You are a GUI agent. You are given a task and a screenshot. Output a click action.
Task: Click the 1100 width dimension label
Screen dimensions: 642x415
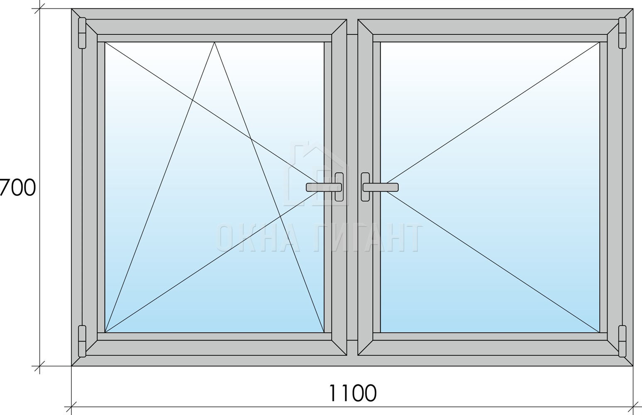point(352,393)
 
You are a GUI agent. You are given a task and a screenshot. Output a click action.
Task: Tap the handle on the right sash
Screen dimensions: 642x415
point(379,187)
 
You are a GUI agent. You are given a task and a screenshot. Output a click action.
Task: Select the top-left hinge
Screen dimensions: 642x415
point(82,33)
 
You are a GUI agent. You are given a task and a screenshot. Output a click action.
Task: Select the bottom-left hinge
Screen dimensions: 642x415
point(82,341)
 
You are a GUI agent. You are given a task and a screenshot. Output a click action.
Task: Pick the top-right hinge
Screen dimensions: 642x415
point(622,33)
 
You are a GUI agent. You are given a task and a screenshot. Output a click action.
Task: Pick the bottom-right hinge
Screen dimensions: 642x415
point(622,341)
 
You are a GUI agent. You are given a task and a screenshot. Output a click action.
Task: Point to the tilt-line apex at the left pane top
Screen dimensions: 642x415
point(215,42)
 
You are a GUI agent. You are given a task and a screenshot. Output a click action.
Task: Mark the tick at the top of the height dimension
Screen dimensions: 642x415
point(39,9)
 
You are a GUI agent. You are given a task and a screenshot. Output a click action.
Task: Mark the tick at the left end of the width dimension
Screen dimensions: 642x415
point(71,406)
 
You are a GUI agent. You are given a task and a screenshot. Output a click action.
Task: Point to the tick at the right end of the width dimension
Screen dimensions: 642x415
point(633,406)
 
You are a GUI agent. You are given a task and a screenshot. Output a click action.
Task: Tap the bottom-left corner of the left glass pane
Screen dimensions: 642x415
point(105,332)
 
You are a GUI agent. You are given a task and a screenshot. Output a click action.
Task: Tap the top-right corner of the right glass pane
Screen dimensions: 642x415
point(600,42)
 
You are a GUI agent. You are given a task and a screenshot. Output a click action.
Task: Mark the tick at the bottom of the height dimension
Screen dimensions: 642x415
point(39,366)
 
